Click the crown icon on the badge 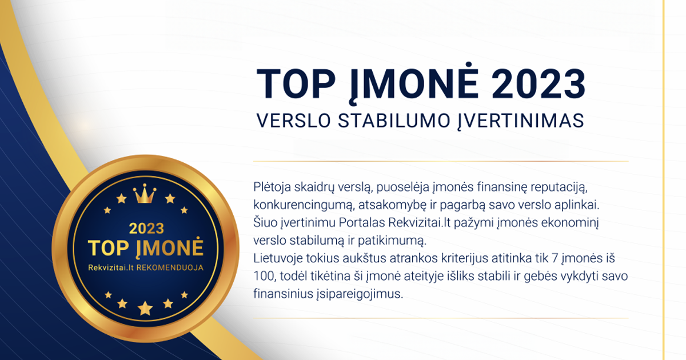click(x=144, y=194)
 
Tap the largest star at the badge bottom click(x=145, y=308)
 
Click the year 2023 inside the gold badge click(x=146, y=229)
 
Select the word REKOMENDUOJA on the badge click(x=170, y=268)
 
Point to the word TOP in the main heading click(x=296, y=84)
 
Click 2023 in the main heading click(x=539, y=84)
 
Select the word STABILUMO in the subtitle click(x=394, y=121)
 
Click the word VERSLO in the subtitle click(x=293, y=121)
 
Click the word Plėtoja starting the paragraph click(x=272, y=187)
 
